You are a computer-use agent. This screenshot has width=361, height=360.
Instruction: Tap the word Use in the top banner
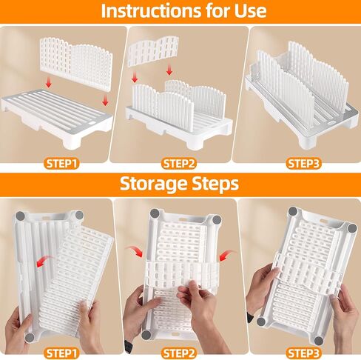[x=251, y=10]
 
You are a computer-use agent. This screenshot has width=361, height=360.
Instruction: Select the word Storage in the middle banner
[x=153, y=184]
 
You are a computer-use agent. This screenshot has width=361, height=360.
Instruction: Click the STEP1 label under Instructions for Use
[x=61, y=164]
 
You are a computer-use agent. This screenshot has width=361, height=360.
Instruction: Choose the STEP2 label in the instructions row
[x=179, y=164]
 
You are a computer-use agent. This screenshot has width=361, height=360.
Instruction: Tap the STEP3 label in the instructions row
[x=304, y=164]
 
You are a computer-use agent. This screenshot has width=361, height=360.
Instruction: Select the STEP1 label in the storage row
[x=61, y=353]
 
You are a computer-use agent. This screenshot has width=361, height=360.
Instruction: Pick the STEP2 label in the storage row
[x=179, y=353]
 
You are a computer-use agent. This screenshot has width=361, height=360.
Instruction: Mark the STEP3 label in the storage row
[x=304, y=353]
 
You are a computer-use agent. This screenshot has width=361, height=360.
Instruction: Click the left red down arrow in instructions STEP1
[x=49, y=83]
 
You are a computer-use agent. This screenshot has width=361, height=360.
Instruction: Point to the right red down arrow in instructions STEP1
[x=105, y=99]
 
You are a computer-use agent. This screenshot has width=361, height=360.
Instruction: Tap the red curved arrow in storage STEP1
[x=44, y=261]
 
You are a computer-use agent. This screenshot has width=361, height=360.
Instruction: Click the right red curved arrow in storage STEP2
[x=226, y=256]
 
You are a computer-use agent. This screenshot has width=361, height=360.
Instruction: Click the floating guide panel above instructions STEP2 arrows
[x=153, y=51]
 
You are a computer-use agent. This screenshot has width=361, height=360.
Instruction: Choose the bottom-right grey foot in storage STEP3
[x=319, y=341]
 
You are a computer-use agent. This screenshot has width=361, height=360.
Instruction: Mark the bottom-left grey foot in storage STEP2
[x=146, y=335]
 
